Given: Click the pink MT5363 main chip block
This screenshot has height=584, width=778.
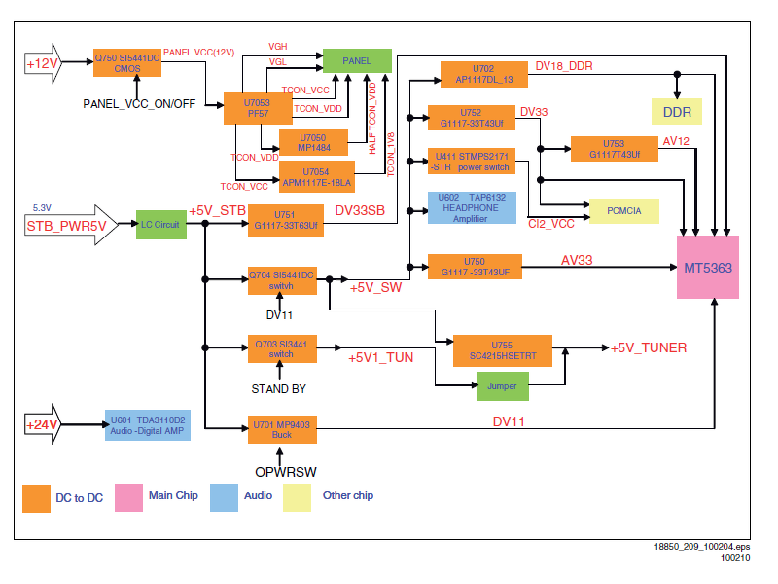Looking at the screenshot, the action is pos(708,267).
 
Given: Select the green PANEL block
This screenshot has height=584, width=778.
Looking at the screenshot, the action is pos(357,60).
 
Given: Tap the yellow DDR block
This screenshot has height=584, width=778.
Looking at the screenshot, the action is pos(677,112).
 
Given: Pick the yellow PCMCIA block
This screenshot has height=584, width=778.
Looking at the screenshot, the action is pos(624,211).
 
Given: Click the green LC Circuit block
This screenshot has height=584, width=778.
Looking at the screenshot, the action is pos(161,225).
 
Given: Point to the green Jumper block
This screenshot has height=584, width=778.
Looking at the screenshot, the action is pos(503,386).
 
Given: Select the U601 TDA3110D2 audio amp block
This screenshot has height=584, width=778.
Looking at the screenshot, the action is pos(148,425).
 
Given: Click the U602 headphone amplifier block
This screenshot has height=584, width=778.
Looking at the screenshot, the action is pos(472,207).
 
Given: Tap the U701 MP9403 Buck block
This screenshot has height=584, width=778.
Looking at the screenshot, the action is pos(282,429).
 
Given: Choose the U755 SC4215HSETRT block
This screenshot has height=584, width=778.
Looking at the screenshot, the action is pos(503,350).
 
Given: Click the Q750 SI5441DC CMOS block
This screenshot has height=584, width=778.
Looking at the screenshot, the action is pos(127,62).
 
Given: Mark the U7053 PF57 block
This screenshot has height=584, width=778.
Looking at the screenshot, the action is pos(258,108).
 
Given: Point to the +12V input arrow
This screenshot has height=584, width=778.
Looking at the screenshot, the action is pos(43,63).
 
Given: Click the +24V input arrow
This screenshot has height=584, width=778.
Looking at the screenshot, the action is pos(43,424).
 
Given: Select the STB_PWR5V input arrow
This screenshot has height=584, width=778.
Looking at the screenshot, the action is pos(71,225).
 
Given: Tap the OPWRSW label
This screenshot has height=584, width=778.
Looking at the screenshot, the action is pos(286,472).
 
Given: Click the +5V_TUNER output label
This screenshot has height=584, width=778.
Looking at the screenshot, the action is pos(648,347).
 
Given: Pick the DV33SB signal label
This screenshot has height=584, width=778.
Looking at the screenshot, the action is pos(360,210).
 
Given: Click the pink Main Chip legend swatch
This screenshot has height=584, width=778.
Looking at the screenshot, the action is pos(128,497).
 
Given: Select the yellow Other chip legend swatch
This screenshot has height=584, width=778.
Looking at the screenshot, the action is pos(297,497).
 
